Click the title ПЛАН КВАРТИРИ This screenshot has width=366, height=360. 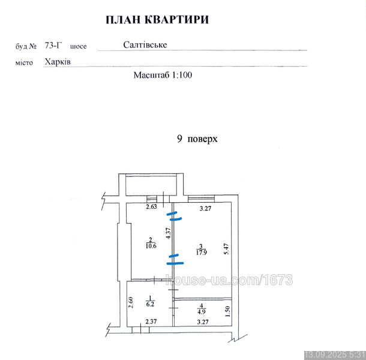157,20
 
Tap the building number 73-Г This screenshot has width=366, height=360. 53,45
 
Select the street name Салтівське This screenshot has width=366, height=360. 145,44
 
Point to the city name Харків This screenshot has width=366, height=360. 58,62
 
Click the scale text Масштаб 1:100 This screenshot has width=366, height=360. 163,75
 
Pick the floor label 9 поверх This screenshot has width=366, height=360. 197,139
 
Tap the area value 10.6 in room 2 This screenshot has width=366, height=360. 151,246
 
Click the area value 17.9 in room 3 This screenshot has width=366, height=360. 201,253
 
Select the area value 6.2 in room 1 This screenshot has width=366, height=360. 150,304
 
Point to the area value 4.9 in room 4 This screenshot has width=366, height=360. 202,311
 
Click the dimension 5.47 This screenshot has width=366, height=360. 227,249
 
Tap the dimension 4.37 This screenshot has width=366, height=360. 169,233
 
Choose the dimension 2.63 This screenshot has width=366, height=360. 151,206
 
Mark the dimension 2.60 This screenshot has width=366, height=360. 131,302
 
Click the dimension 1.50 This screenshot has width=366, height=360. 228,311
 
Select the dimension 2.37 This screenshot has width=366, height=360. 151,322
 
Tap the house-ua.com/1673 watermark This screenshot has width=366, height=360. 229,280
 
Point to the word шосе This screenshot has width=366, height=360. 78,46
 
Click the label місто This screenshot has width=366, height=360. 24,62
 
